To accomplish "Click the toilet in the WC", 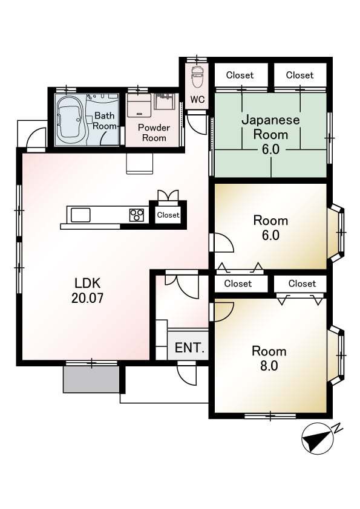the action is click(x=197, y=77).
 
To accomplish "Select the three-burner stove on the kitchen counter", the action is click(x=137, y=215).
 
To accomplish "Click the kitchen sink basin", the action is click(x=80, y=215).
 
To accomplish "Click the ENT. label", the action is click(x=189, y=348).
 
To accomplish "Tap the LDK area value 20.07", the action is click(x=87, y=297).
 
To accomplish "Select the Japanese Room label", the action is click(x=270, y=127).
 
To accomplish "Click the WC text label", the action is click(x=197, y=99).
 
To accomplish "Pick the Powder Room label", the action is click(x=154, y=132).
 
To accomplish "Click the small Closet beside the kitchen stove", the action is click(x=168, y=215).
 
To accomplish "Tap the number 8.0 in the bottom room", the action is click(x=269, y=366).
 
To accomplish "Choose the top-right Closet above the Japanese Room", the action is click(x=300, y=75).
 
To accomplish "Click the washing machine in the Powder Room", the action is click(x=139, y=105).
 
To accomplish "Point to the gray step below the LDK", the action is click(x=91, y=380).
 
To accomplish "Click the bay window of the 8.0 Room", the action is click(x=336, y=356).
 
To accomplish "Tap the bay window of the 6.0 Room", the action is click(x=336, y=233).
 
